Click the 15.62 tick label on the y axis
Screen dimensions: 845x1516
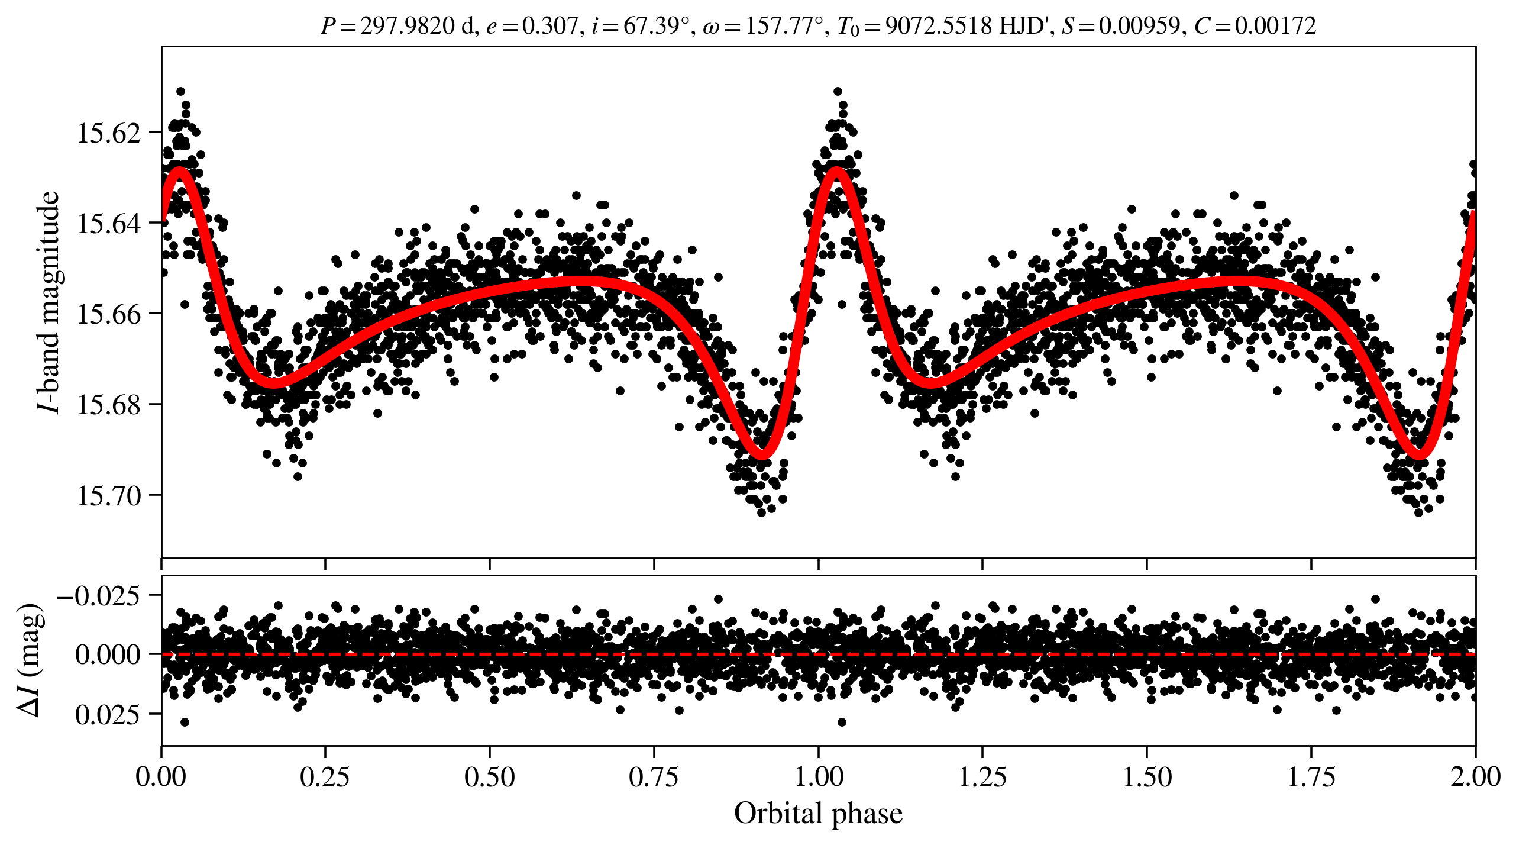(109, 133)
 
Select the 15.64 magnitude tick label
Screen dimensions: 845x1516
(109, 224)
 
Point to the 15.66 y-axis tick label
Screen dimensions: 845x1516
(109, 314)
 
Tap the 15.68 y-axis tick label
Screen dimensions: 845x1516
(109, 405)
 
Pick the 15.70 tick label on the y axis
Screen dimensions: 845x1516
(109, 495)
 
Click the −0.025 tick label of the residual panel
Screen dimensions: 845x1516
(99, 595)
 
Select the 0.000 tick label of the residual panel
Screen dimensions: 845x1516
(108, 655)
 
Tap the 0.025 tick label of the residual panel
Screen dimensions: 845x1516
(108, 715)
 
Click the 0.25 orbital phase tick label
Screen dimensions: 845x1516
(325, 776)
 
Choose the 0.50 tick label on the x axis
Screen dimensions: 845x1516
(489, 776)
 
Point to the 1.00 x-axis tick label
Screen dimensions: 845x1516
(818, 776)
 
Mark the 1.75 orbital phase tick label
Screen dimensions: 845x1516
(1311, 776)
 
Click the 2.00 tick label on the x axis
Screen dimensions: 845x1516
(1475, 776)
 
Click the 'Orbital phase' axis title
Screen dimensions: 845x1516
(818, 814)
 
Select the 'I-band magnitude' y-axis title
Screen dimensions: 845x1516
(49, 302)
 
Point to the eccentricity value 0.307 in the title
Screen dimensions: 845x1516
(549, 26)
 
